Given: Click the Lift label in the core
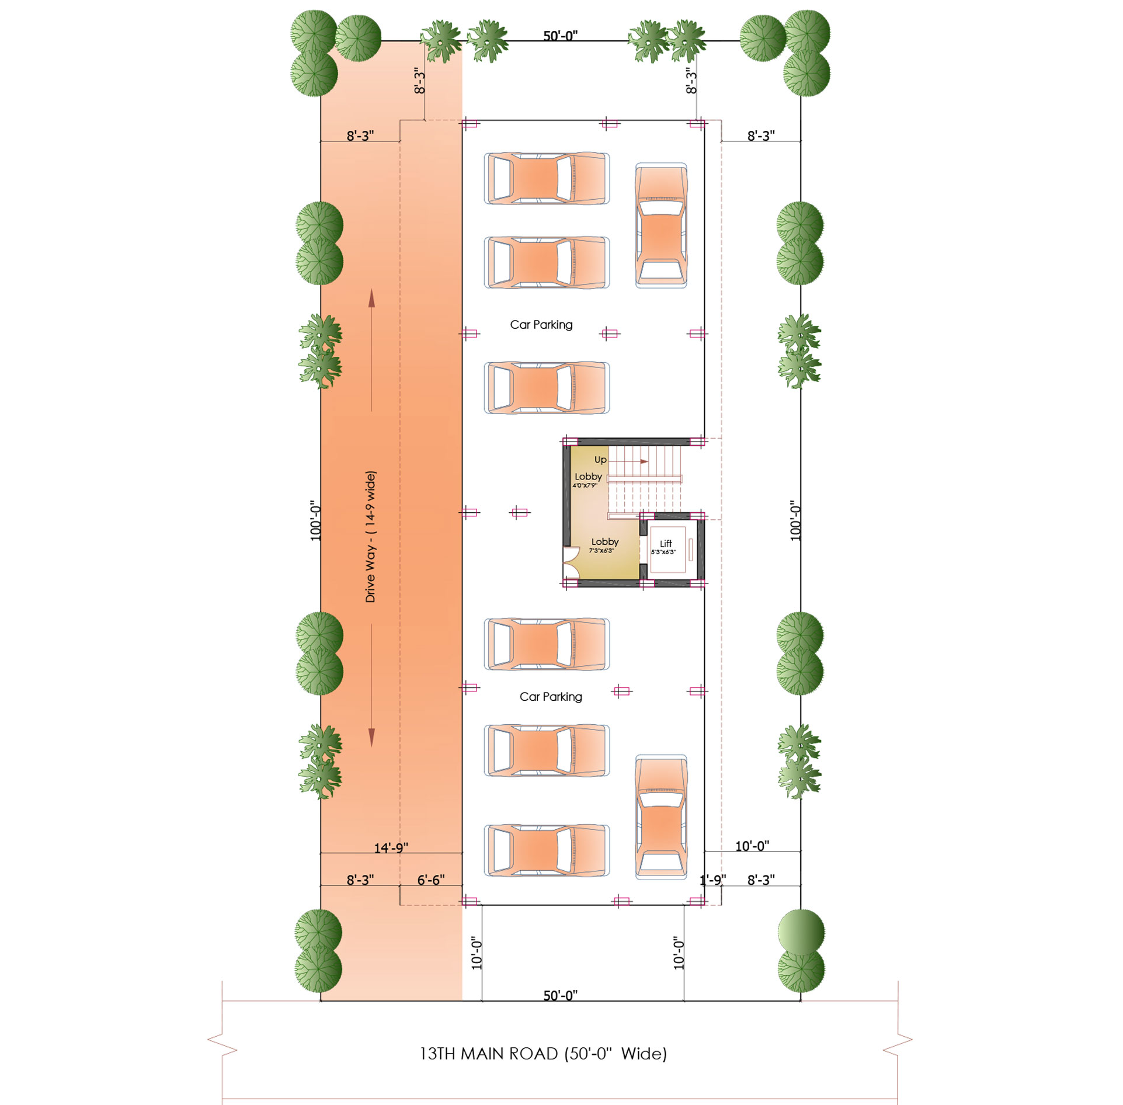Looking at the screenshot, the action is (665, 543).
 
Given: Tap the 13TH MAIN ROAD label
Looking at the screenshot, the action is (489, 1053).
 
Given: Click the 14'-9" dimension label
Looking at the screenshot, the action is (391, 847).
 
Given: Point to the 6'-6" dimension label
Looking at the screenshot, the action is (431, 880).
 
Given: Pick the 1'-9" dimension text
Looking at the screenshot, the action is (712, 880).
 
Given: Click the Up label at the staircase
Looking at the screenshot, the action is (600, 460).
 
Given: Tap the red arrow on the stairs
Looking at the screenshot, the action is (628, 461).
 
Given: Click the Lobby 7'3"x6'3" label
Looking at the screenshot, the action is (604, 545).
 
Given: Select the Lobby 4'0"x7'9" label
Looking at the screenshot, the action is (587, 479).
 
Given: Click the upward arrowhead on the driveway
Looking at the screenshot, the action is (371, 298).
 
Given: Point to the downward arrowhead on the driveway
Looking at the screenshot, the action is (371, 738).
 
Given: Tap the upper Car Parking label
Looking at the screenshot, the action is (541, 325).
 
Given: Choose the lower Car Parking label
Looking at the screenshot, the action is (551, 697).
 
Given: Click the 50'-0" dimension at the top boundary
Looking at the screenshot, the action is (561, 36).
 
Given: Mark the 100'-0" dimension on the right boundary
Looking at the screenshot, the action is (795, 520).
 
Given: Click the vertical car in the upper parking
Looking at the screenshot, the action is (661, 225).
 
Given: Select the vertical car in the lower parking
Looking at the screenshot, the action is (661, 816).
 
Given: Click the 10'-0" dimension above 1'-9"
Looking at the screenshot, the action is (752, 846).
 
